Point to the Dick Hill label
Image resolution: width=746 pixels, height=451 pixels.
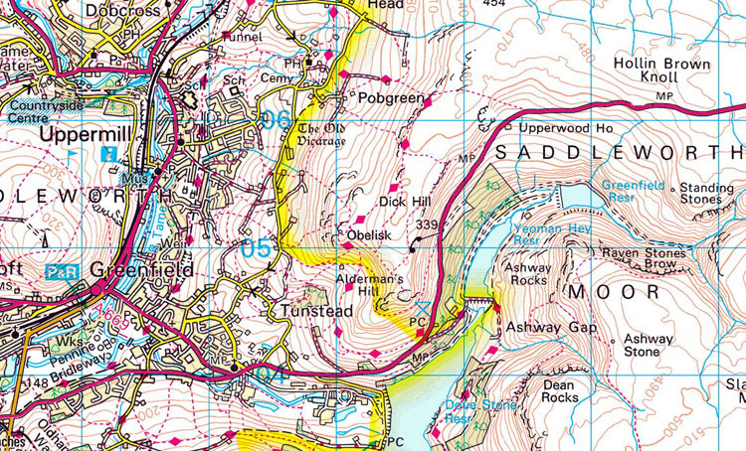tap(403, 202)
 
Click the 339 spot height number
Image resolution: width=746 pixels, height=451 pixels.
tap(429, 225)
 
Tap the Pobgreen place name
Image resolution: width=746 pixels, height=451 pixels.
tap(391, 99)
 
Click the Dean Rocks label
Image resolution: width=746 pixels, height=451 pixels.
tap(560, 389)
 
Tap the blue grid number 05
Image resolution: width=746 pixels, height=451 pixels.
tap(256, 248)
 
